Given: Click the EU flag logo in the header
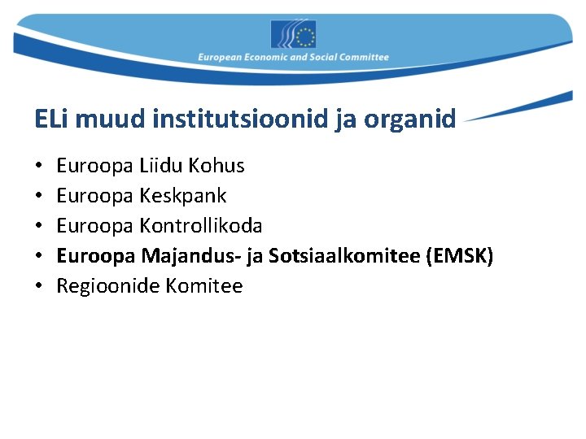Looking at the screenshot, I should (x=293, y=34).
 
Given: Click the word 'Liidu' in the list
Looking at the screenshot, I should (x=161, y=167).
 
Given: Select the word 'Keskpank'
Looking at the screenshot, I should (x=183, y=196).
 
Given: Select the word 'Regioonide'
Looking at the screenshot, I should (x=108, y=286).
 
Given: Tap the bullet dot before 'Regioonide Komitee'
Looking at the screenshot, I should (x=39, y=287).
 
